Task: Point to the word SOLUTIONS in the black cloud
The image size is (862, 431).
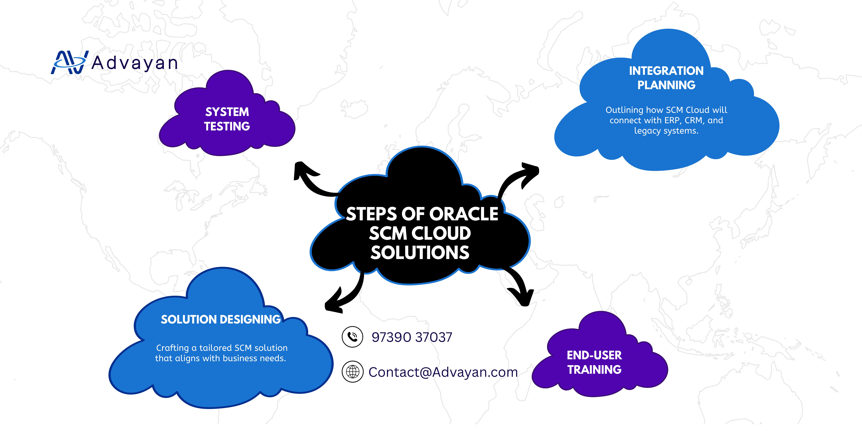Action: click(x=420, y=253)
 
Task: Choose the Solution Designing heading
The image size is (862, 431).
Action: click(x=220, y=320)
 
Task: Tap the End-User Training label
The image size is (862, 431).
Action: click(x=594, y=362)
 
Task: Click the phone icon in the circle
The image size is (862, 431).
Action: click(x=352, y=337)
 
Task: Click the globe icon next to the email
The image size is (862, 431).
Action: click(x=352, y=371)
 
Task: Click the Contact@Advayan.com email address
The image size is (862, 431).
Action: click(x=443, y=372)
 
